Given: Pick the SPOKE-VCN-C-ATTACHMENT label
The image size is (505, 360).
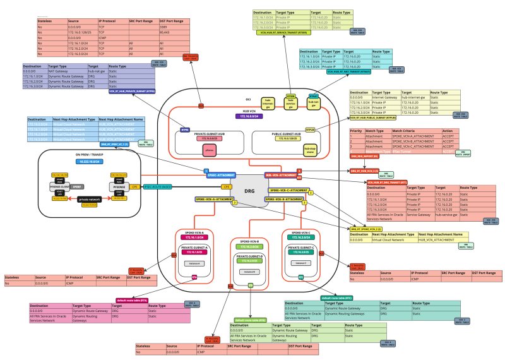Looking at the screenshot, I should click(288, 190).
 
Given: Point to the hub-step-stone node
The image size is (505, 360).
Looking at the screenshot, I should click(293, 150).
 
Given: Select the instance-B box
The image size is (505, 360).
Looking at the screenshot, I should click(249, 272).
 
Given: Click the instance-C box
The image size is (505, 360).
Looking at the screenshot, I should click(300, 263).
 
